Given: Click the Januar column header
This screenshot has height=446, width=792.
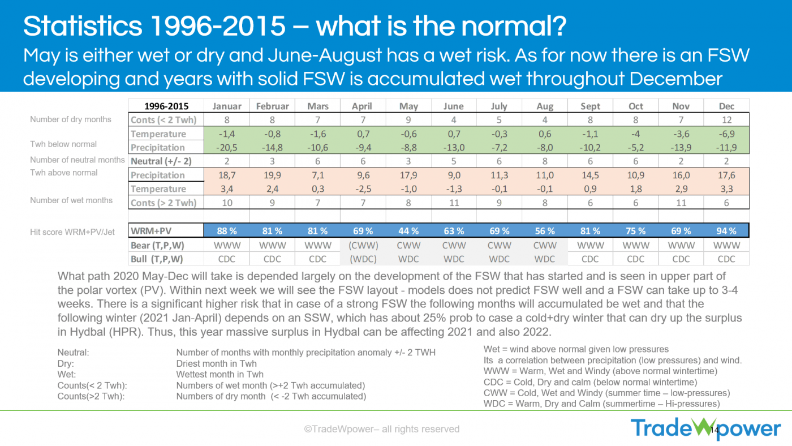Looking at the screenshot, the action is pos(227,106).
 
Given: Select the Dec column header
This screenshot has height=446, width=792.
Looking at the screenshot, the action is pos(726,106).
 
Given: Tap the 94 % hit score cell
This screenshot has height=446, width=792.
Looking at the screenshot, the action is pos(726,231).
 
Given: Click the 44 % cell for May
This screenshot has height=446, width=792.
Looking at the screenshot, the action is pos(408,231).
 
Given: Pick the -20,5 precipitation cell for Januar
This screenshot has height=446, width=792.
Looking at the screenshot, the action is pos(227,148).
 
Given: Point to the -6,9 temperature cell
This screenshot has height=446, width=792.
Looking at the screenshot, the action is pos(726,134).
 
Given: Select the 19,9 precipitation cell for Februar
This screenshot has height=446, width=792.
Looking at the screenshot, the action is pos(272,175).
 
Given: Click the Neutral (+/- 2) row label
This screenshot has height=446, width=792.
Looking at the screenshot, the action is pos(161,161).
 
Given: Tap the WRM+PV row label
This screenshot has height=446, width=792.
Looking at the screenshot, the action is pos(151,231).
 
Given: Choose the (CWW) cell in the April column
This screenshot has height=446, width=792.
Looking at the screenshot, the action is pos(363,245).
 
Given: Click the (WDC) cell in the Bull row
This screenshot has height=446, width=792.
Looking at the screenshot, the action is pos(363,259).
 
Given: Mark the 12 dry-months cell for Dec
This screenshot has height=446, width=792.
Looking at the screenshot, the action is pos(726,120).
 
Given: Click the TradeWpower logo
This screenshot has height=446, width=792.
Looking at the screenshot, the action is pos(706,428).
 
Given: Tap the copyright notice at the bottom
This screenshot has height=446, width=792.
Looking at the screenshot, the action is pos(382,429).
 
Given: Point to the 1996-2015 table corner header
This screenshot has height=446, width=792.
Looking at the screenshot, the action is pos(166,106).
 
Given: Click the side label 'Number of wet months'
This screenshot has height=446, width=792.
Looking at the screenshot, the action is pos(71,200).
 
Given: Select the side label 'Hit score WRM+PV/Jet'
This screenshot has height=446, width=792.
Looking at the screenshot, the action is pos(72,232).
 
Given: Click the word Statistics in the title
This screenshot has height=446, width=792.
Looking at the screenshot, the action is pos(83,26).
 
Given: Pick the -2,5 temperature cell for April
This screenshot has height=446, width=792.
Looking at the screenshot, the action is pos(363,189).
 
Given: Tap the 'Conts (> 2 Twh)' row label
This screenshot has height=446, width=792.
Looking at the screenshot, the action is pos(163,203).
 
